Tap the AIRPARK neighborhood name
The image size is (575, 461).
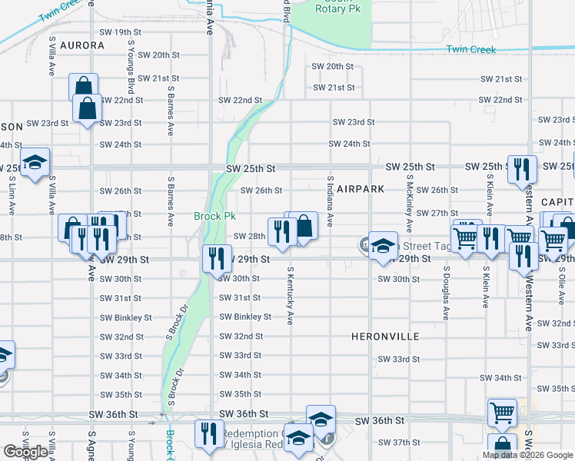click(358, 189)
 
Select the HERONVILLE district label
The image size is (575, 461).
click(385, 337)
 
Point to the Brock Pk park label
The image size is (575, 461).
click(214, 216)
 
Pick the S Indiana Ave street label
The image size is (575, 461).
click(330, 202)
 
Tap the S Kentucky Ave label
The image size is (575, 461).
click(291, 296)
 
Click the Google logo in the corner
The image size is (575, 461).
click(25, 452)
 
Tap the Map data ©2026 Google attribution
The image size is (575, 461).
click(527, 455)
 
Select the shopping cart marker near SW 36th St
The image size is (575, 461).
click(502, 413)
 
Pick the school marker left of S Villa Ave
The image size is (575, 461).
click(35, 163)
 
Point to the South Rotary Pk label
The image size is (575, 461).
click(337, 6)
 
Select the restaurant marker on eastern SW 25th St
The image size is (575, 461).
click(522, 171)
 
